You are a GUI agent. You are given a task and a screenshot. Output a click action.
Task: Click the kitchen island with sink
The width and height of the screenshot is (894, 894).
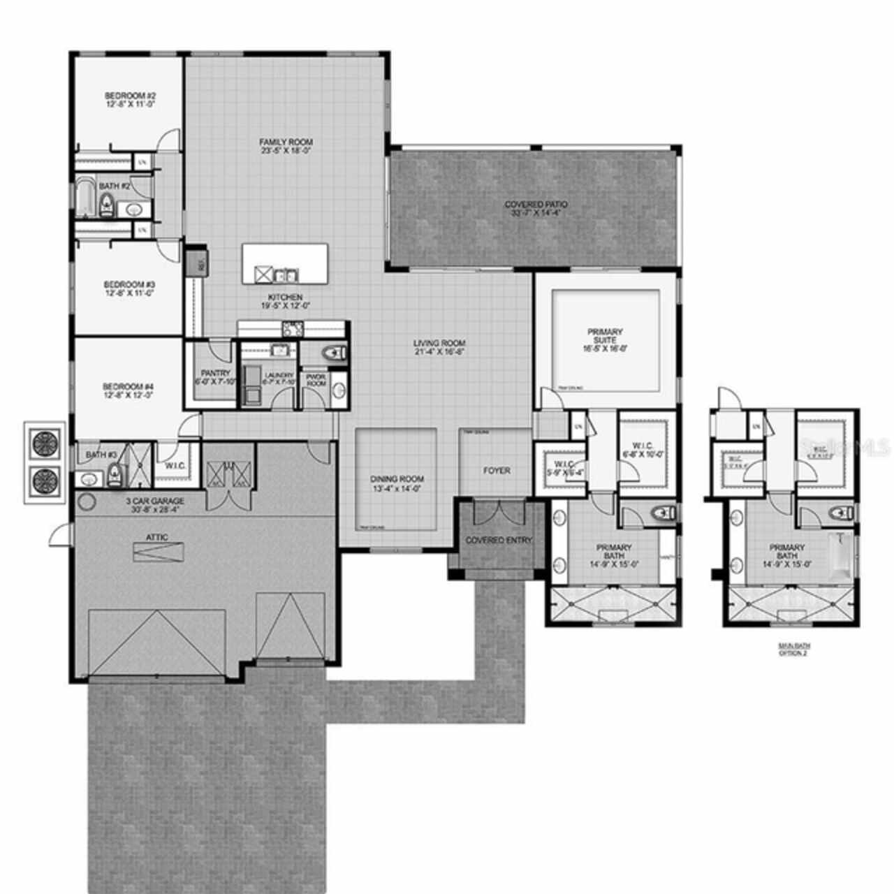(285, 264)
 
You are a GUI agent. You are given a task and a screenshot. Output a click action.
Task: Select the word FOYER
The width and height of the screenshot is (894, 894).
(497, 470)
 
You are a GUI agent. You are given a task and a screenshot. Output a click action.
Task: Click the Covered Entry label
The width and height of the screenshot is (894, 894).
(499, 540)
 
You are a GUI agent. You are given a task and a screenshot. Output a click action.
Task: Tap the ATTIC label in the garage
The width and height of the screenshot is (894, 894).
(157, 537)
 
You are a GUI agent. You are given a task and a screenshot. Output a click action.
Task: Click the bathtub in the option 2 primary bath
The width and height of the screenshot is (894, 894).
(841, 555)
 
